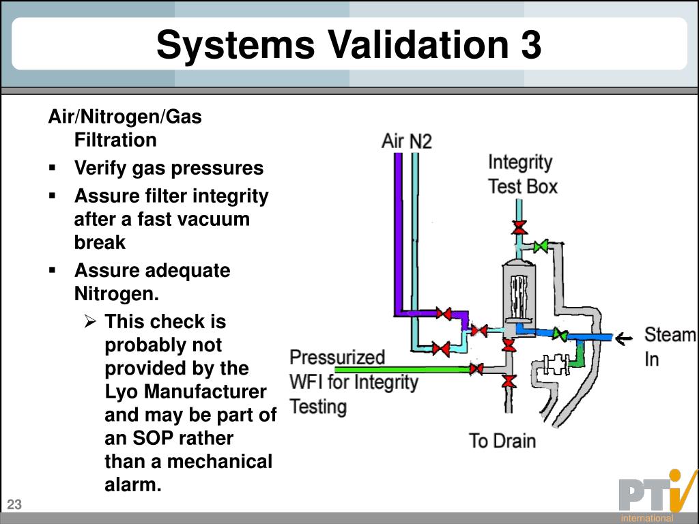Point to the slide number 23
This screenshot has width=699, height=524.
coord(15,505)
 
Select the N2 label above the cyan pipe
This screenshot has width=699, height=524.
coord(420,142)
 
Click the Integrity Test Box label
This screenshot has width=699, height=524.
coord(522,174)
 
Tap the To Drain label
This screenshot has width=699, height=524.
coord(502,440)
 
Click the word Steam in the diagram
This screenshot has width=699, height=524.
coord(670,335)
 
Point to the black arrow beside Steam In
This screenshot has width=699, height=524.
coord(623,336)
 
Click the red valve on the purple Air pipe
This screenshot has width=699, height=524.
coord(445,314)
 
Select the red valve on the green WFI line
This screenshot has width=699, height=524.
coord(476,369)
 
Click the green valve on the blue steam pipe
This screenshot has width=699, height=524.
coord(560,334)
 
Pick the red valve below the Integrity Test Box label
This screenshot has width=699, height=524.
coord(519,227)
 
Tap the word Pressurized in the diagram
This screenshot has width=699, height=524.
coord(337,358)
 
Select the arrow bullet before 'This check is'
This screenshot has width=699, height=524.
coord(91,321)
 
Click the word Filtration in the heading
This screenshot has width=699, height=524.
coord(115,140)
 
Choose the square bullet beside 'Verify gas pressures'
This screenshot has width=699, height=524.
coord(53,168)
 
